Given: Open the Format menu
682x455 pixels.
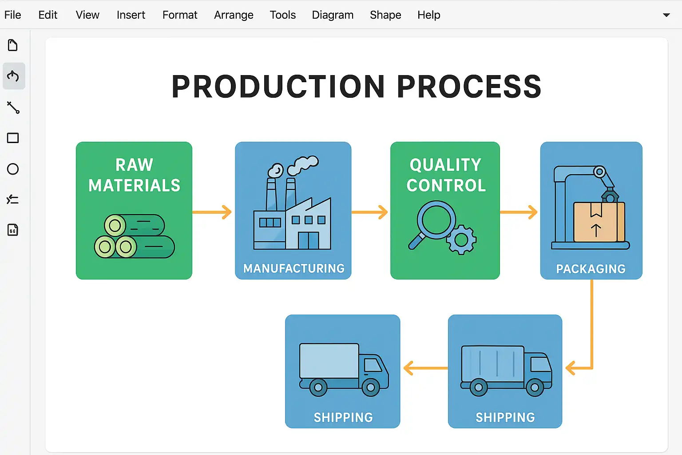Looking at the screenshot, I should click(179, 15).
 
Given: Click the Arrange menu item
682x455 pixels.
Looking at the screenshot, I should click(234, 15).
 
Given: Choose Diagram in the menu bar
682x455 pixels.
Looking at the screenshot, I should click(333, 15).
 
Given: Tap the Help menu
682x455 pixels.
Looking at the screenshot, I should click(428, 15).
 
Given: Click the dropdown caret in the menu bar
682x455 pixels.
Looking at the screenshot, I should click(666, 15).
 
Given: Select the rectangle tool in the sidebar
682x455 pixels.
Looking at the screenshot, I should click(13, 138).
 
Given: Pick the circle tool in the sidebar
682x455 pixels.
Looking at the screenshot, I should click(13, 169).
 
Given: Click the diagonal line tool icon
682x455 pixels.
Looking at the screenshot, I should click(13, 108).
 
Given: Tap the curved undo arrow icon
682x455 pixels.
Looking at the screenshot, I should click(13, 76).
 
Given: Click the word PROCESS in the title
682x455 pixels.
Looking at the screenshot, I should click(469, 87).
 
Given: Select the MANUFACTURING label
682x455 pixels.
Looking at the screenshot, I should click(293, 268).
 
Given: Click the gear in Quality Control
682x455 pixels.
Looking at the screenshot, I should click(461, 240).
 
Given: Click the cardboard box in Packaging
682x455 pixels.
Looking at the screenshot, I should click(599, 222).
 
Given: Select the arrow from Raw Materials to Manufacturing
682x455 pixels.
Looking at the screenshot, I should click(213, 212).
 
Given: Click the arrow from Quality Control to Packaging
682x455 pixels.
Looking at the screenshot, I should click(519, 212).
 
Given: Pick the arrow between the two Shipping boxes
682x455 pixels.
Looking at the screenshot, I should click(425, 368).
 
